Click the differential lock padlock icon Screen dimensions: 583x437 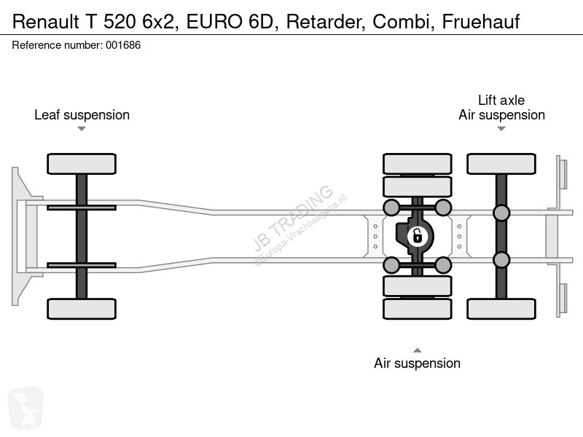pyautogui.click(x=417, y=236)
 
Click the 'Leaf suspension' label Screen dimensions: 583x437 pyautogui.click(x=82, y=115)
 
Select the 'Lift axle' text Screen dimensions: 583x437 pyautogui.click(x=501, y=100)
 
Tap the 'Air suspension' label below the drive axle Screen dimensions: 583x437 pyautogui.click(x=417, y=363)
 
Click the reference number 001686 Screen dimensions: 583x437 pyautogui.click(x=123, y=45)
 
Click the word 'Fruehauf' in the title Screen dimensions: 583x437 pyautogui.click(x=481, y=22)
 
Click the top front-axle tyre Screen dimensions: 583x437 pyautogui.click(x=82, y=164)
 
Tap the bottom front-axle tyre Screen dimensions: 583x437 pyautogui.click(x=82, y=309)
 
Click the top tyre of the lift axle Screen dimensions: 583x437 pyautogui.click(x=501, y=164)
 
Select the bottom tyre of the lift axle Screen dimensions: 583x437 pyautogui.click(x=501, y=309)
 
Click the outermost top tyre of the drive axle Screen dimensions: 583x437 pyautogui.click(x=417, y=164)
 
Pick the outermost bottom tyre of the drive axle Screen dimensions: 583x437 pyautogui.click(x=417, y=309)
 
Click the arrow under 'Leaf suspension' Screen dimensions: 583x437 pyautogui.click(x=82, y=129)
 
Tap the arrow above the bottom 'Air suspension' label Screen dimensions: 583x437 pyautogui.click(x=417, y=350)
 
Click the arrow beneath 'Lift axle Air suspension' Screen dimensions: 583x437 pyautogui.click(x=501, y=129)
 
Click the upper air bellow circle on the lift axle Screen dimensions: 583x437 pyautogui.click(x=501, y=213)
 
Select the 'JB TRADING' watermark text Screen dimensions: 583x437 pyautogui.click(x=293, y=218)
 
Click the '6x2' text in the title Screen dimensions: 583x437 pyautogui.click(x=158, y=22)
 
